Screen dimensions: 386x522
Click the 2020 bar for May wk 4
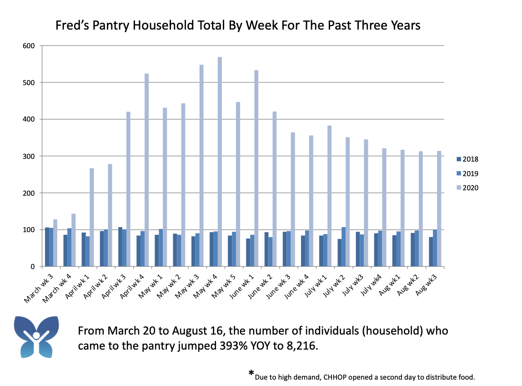[220, 162]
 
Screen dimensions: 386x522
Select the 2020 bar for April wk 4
[147, 170]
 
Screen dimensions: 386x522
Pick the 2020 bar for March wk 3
[55, 243]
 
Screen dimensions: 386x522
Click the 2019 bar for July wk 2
[344, 247]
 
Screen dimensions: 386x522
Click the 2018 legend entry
[468, 159]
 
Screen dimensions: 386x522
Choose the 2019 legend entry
[468, 173]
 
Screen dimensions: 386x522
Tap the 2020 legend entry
[468, 188]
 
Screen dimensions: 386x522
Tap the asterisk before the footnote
[251, 374]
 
